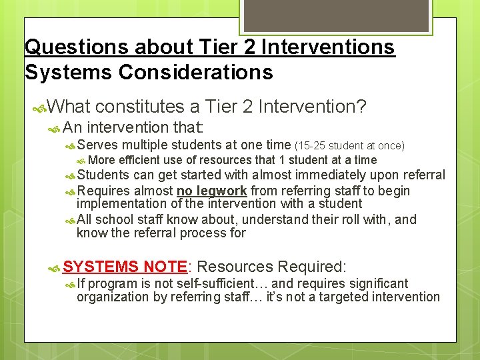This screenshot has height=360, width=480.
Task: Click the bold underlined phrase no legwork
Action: [x=211, y=191]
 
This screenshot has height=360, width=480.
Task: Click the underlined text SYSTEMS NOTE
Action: [x=125, y=267]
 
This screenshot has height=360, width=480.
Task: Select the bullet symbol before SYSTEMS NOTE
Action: [x=55, y=267]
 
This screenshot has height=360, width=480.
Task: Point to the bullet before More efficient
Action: [x=81, y=161]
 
